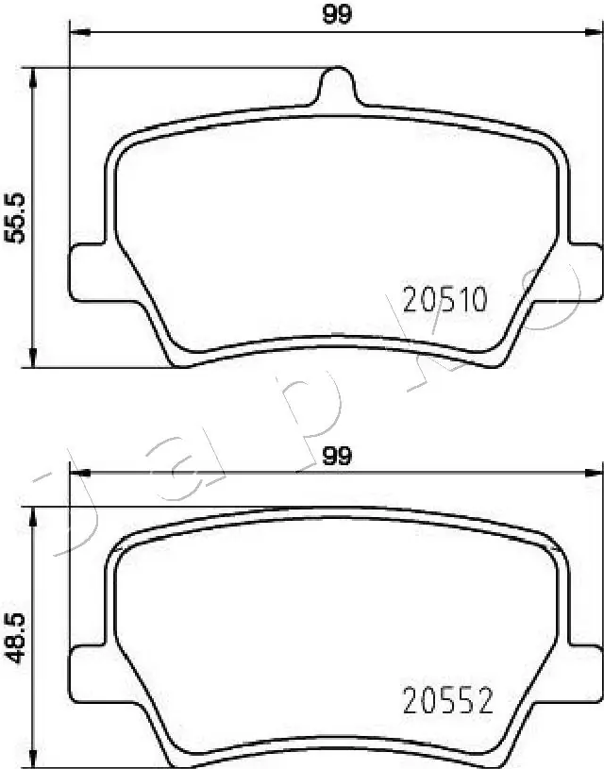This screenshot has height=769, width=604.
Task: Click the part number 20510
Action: pyautogui.click(x=445, y=301)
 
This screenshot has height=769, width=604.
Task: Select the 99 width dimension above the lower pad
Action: pyautogui.click(x=337, y=457)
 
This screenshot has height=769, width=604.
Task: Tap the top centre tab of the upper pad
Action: pyautogui.click(x=337, y=88)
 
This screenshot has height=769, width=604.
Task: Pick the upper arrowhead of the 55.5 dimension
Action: pyautogui.click(x=35, y=76)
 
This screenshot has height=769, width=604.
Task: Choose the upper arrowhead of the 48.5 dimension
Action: pyautogui.click(x=35, y=516)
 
